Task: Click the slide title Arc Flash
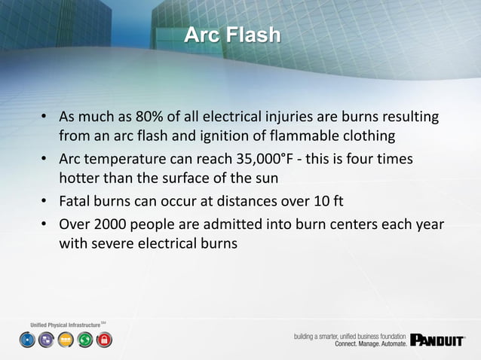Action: pos(232,35)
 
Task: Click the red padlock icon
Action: pos(104,340)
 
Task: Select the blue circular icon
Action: pos(27,340)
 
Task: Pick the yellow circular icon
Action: pos(66,340)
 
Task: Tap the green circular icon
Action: pos(85,340)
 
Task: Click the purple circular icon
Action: pos(46,340)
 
